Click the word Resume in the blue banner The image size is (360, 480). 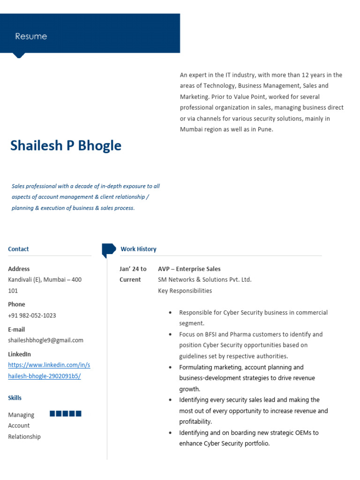31,37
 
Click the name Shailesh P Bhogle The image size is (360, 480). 66,146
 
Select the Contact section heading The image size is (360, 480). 18,249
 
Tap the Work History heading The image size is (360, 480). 138,249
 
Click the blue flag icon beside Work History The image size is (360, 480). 108,249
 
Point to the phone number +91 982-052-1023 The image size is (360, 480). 32,315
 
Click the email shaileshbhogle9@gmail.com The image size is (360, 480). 45,340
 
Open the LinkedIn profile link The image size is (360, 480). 49,370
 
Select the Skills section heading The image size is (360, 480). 15,398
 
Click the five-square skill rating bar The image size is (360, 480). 66,413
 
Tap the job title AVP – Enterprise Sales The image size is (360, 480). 189,269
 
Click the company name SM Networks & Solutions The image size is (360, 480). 204,280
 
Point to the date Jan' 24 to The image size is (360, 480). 133,269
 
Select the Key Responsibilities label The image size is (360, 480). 185,291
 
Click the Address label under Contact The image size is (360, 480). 19,269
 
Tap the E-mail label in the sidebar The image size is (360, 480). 16,330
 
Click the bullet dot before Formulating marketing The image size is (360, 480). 170,367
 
